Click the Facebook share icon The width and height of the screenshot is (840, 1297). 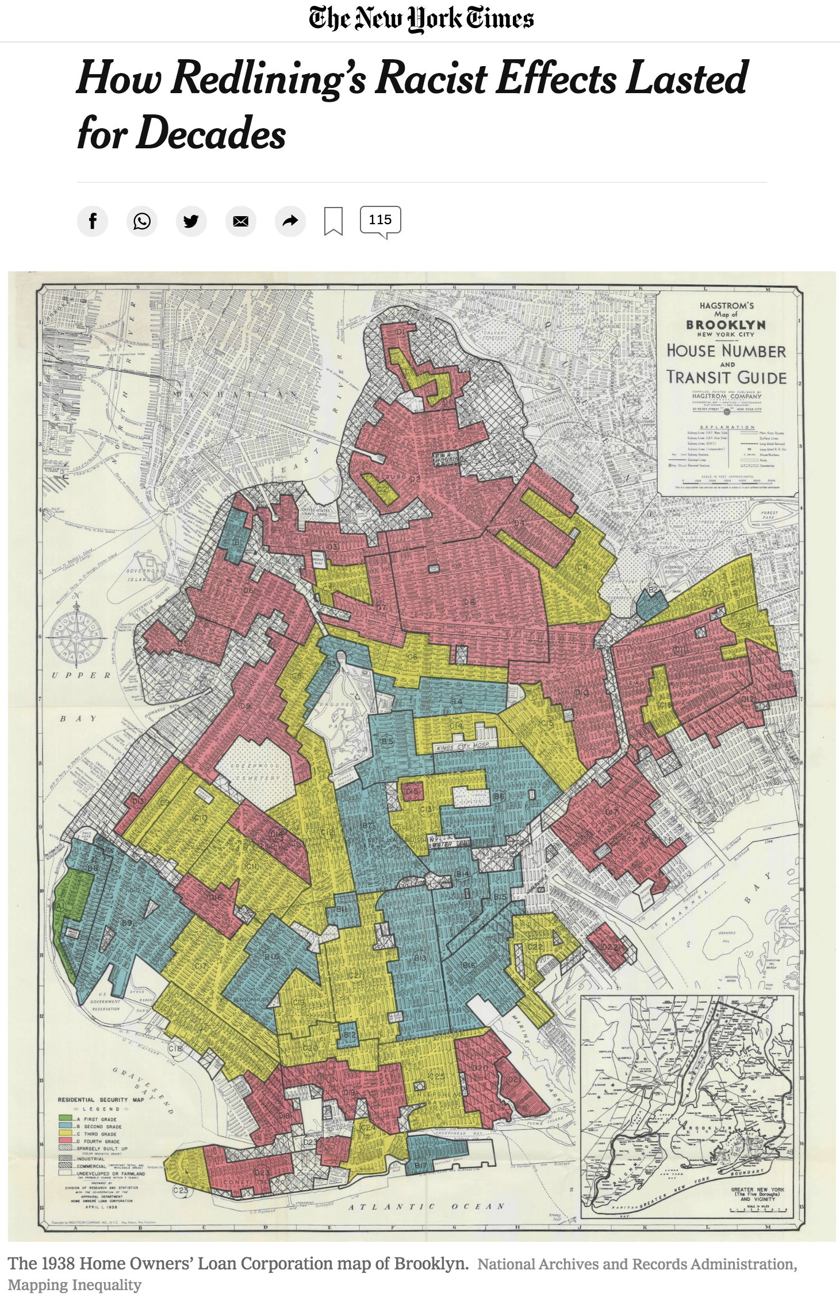pos(93,221)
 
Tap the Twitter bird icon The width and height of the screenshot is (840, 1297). pos(191,221)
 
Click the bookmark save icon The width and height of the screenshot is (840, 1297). pos(333,221)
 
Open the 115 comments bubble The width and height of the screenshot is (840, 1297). pos(380,220)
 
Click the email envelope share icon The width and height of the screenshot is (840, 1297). pos(240,221)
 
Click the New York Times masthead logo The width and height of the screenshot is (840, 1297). pos(420,18)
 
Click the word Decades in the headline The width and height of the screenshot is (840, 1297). pos(211,133)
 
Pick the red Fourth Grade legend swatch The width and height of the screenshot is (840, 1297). pos(65,1141)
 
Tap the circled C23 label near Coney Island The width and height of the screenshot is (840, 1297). pos(181,1190)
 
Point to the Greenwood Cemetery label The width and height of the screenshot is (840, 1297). pos(255,772)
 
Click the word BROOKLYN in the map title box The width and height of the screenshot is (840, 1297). pos(726,325)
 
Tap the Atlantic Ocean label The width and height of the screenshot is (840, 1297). pos(426,1206)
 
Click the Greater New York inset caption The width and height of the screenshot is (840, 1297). pos(757,1194)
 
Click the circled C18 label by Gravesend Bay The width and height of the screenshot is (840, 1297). pos(175,1048)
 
